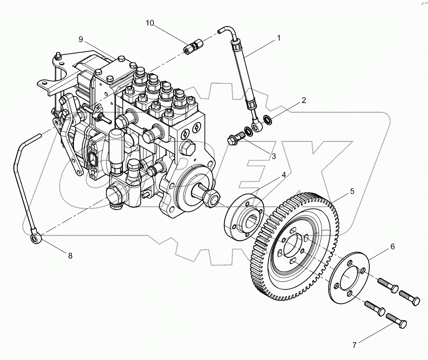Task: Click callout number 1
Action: (278, 38)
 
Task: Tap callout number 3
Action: (273, 156)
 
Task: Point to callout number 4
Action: (284, 175)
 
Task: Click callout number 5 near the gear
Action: (352, 191)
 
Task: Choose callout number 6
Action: (393, 246)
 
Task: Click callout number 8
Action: (70, 255)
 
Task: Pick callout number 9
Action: (81, 40)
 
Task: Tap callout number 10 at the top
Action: (150, 23)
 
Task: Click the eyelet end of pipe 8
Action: (35, 238)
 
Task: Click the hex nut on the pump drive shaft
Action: (212, 197)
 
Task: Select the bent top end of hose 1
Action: (224, 30)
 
